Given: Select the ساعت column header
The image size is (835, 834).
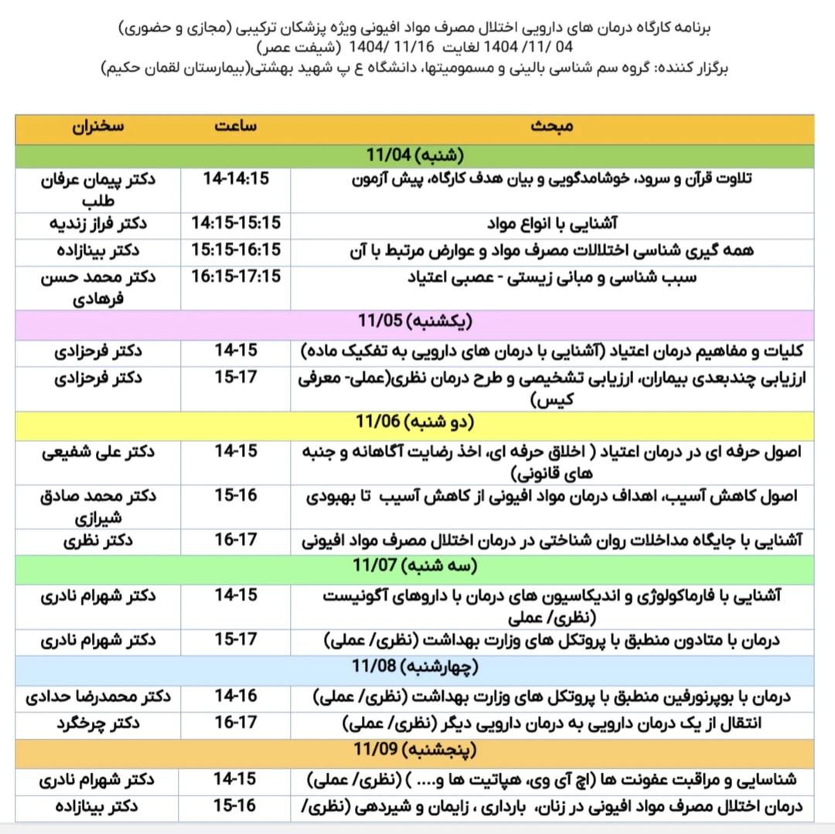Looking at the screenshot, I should [x=236, y=127].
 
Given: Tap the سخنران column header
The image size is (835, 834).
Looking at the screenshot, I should [x=98, y=127].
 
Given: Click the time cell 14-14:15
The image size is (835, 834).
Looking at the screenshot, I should [x=236, y=179].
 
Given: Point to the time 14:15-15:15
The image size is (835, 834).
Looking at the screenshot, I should [x=236, y=224].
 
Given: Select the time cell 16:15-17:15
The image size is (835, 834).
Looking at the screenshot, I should [x=236, y=277].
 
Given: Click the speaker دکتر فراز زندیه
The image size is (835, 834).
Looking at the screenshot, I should [x=98, y=224].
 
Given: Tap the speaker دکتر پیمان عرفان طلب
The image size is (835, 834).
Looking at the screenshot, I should [x=98, y=188].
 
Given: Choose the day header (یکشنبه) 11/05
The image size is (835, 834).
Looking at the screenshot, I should [x=415, y=322].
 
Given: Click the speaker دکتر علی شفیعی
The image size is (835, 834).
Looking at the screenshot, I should [x=98, y=451].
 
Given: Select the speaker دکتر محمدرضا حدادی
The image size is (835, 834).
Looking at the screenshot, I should [x=98, y=697].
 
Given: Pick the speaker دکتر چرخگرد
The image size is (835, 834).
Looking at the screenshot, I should [x=98, y=723].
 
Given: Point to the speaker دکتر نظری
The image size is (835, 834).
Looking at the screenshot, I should [x=98, y=540].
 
